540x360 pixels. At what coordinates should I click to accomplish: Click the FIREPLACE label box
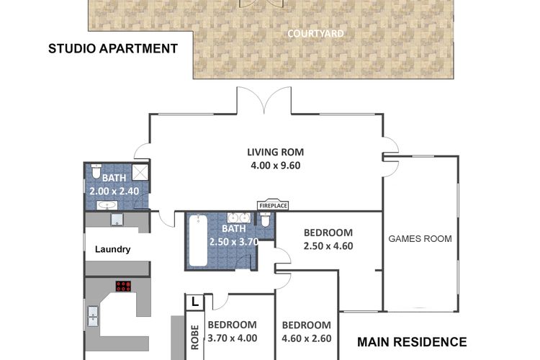point(273,205)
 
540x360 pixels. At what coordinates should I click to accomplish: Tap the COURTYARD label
point(315,34)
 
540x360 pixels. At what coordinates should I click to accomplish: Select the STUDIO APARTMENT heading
point(113,48)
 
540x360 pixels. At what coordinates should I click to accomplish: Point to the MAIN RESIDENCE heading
point(412,342)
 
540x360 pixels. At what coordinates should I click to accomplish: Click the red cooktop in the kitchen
point(123,286)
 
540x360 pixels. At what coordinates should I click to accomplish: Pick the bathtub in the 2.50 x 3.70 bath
point(198,240)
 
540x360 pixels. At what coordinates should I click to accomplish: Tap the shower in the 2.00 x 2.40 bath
point(140,172)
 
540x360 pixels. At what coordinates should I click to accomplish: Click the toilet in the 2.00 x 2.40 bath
point(96,171)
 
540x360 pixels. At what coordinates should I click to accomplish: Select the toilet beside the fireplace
point(265,220)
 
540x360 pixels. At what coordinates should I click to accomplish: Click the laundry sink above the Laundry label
point(117,220)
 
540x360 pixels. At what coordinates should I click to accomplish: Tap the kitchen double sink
point(93,317)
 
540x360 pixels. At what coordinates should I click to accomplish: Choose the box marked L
point(194,302)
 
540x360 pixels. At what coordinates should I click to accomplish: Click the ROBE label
point(195,337)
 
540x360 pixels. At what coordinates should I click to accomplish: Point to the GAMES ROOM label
point(420,239)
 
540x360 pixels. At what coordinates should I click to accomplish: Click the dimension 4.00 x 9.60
point(276,166)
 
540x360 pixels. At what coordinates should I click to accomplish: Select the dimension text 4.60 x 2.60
point(307,338)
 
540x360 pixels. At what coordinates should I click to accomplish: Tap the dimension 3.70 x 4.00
point(232,338)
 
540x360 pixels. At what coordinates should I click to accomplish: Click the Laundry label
point(112,249)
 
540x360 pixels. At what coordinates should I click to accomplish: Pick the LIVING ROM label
point(276,152)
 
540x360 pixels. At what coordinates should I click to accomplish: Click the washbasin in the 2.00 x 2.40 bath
point(107,205)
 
